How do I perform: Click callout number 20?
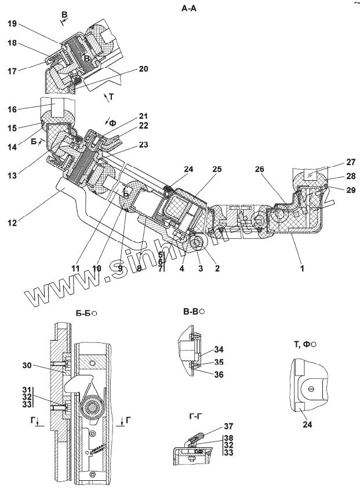click(143, 68)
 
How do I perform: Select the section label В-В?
click(191, 312)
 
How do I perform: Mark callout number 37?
click(229, 426)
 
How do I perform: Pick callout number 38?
click(229, 438)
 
